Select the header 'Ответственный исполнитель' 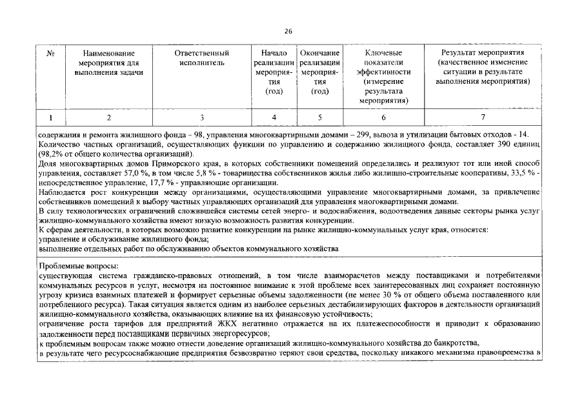pyautogui.click(x=202, y=57)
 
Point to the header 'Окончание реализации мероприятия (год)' pyautogui.click(x=319, y=72)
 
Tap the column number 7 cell pyautogui.click(x=482, y=117)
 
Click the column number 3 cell pyautogui.click(x=202, y=117)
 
